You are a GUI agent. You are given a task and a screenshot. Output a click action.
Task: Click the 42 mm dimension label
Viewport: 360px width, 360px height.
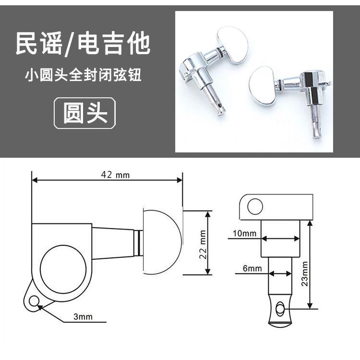[115, 175]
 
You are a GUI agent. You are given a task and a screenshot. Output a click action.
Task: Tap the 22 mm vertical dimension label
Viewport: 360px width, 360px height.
[203, 244]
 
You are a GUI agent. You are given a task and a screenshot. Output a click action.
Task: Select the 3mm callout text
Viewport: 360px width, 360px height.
[83, 317]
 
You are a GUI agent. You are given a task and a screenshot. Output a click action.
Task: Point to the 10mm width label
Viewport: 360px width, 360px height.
[244, 233]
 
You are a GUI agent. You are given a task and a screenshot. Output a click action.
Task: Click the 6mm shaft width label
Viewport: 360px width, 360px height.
[252, 268]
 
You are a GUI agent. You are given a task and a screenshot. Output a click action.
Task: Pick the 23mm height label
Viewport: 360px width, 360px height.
[305, 274]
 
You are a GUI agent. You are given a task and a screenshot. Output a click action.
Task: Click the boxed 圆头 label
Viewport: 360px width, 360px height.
[85, 113]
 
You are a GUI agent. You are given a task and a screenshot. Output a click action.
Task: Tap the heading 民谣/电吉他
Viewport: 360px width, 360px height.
[83, 43]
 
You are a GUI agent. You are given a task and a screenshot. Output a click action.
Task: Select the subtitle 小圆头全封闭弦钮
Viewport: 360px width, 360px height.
[83, 74]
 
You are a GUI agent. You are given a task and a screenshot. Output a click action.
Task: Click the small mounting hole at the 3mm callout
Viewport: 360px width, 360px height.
[34, 301]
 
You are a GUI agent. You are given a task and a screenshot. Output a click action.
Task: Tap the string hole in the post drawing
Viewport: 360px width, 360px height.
[280, 309]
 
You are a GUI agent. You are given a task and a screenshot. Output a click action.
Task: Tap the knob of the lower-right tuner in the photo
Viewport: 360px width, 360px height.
[264, 86]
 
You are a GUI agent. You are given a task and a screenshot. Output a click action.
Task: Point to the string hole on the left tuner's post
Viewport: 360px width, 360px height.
[221, 106]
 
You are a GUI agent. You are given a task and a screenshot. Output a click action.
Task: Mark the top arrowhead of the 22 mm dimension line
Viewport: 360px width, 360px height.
[208, 214]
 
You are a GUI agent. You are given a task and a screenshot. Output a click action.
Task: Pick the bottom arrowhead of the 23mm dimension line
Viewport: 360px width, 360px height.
[310, 306]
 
